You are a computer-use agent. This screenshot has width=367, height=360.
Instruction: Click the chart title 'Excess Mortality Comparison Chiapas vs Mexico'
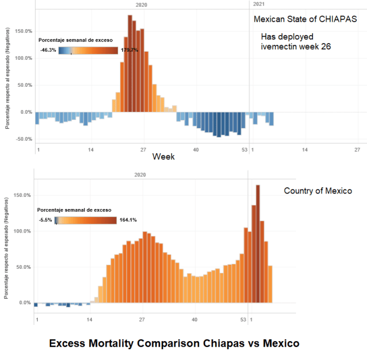pyautogui.click(x=174, y=344)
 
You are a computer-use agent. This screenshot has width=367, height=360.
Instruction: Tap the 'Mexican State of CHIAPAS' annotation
pyautogui.click(x=306, y=19)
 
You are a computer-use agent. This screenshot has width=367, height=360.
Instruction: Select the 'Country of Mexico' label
pyautogui.click(x=318, y=191)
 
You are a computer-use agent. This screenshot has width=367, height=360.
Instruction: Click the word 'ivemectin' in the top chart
pyautogui.click(x=279, y=47)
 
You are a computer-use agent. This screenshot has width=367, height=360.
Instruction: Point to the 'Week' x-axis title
pyautogui.click(x=163, y=156)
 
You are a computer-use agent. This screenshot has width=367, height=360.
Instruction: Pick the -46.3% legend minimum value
pyautogui.click(x=48, y=50)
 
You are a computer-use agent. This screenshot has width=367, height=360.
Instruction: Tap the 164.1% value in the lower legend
pyautogui.click(x=128, y=220)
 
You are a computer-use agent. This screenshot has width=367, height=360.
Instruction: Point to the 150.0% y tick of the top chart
pyautogui.click(x=23, y=31)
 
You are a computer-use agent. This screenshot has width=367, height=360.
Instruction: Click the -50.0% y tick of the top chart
pyautogui.click(x=23, y=139)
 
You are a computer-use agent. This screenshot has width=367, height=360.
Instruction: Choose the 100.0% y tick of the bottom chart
pyautogui.click(x=23, y=231)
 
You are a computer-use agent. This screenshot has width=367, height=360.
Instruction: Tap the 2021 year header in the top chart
pyautogui.click(x=259, y=4)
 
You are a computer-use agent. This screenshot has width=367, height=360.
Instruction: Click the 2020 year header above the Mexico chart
pyautogui.click(x=140, y=174)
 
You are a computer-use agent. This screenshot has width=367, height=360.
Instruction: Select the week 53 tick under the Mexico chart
pyautogui.click(x=244, y=319)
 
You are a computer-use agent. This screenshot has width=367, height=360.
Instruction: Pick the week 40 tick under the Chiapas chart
pyautogui.click(x=196, y=150)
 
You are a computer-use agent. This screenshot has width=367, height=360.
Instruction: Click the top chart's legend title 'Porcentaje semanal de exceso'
pyautogui.click(x=76, y=40)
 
